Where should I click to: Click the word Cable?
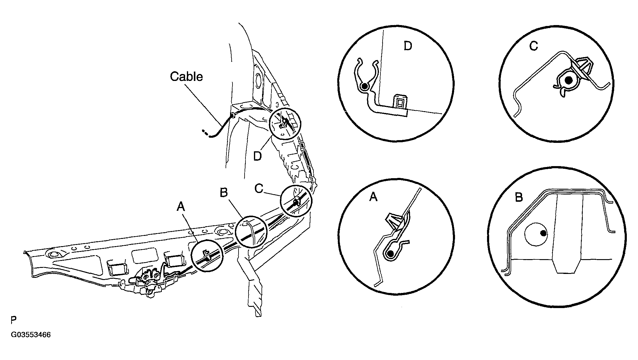(x=186, y=76)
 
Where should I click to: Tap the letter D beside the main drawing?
(x=257, y=156)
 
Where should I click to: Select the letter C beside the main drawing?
(x=259, y=189)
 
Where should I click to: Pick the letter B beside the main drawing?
(x=223, y=193)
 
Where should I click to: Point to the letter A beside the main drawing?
(x=181, y=207)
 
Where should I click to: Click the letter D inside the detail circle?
(x=408, y=46)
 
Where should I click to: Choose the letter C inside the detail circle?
(x=534, y=46)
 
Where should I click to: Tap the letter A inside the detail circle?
(x=374, y=197)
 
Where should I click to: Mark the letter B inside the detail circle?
(x=519, y=197)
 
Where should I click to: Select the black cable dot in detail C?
(x=569, y=80)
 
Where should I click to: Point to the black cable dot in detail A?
(x=391, y=254)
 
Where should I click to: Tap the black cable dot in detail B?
(x=543, y=233)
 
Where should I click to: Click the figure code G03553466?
(x=31, y=335)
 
